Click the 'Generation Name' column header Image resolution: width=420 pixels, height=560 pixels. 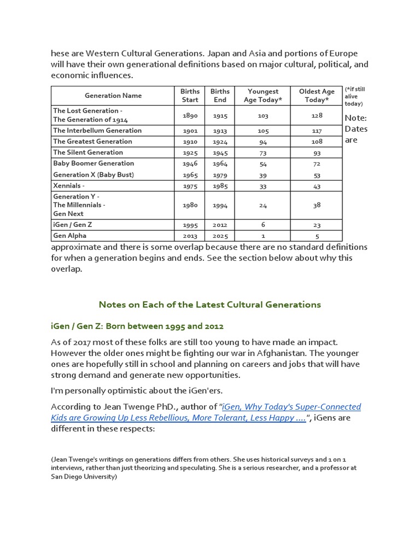click(x=113, y=95)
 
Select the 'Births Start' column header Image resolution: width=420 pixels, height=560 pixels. click(x=190, y=95)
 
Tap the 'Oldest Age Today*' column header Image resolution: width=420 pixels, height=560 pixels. click(x=317, y=95)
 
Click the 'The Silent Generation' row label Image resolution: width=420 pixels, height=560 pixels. click(x=88, y=152)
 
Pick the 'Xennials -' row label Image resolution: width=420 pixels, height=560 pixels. click(x=69, y=185)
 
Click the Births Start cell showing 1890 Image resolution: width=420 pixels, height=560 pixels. click(x=190, y=115)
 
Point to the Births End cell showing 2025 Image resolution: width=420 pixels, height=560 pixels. click(x=220, y=236)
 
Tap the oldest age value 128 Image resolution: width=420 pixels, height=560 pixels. click(x=317, y=115)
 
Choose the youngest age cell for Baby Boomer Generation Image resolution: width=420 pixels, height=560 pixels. click(x=263, y=164)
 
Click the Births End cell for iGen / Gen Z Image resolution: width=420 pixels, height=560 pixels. click(x=220, y=225)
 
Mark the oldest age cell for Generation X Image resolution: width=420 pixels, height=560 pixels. click(x=317, y=174)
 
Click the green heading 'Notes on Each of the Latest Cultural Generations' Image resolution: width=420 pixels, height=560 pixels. click(x=209, y=304)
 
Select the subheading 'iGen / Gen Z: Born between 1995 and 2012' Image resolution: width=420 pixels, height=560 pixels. click(x=137, y=326)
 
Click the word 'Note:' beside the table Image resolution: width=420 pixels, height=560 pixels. click(x=356, y=118)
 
